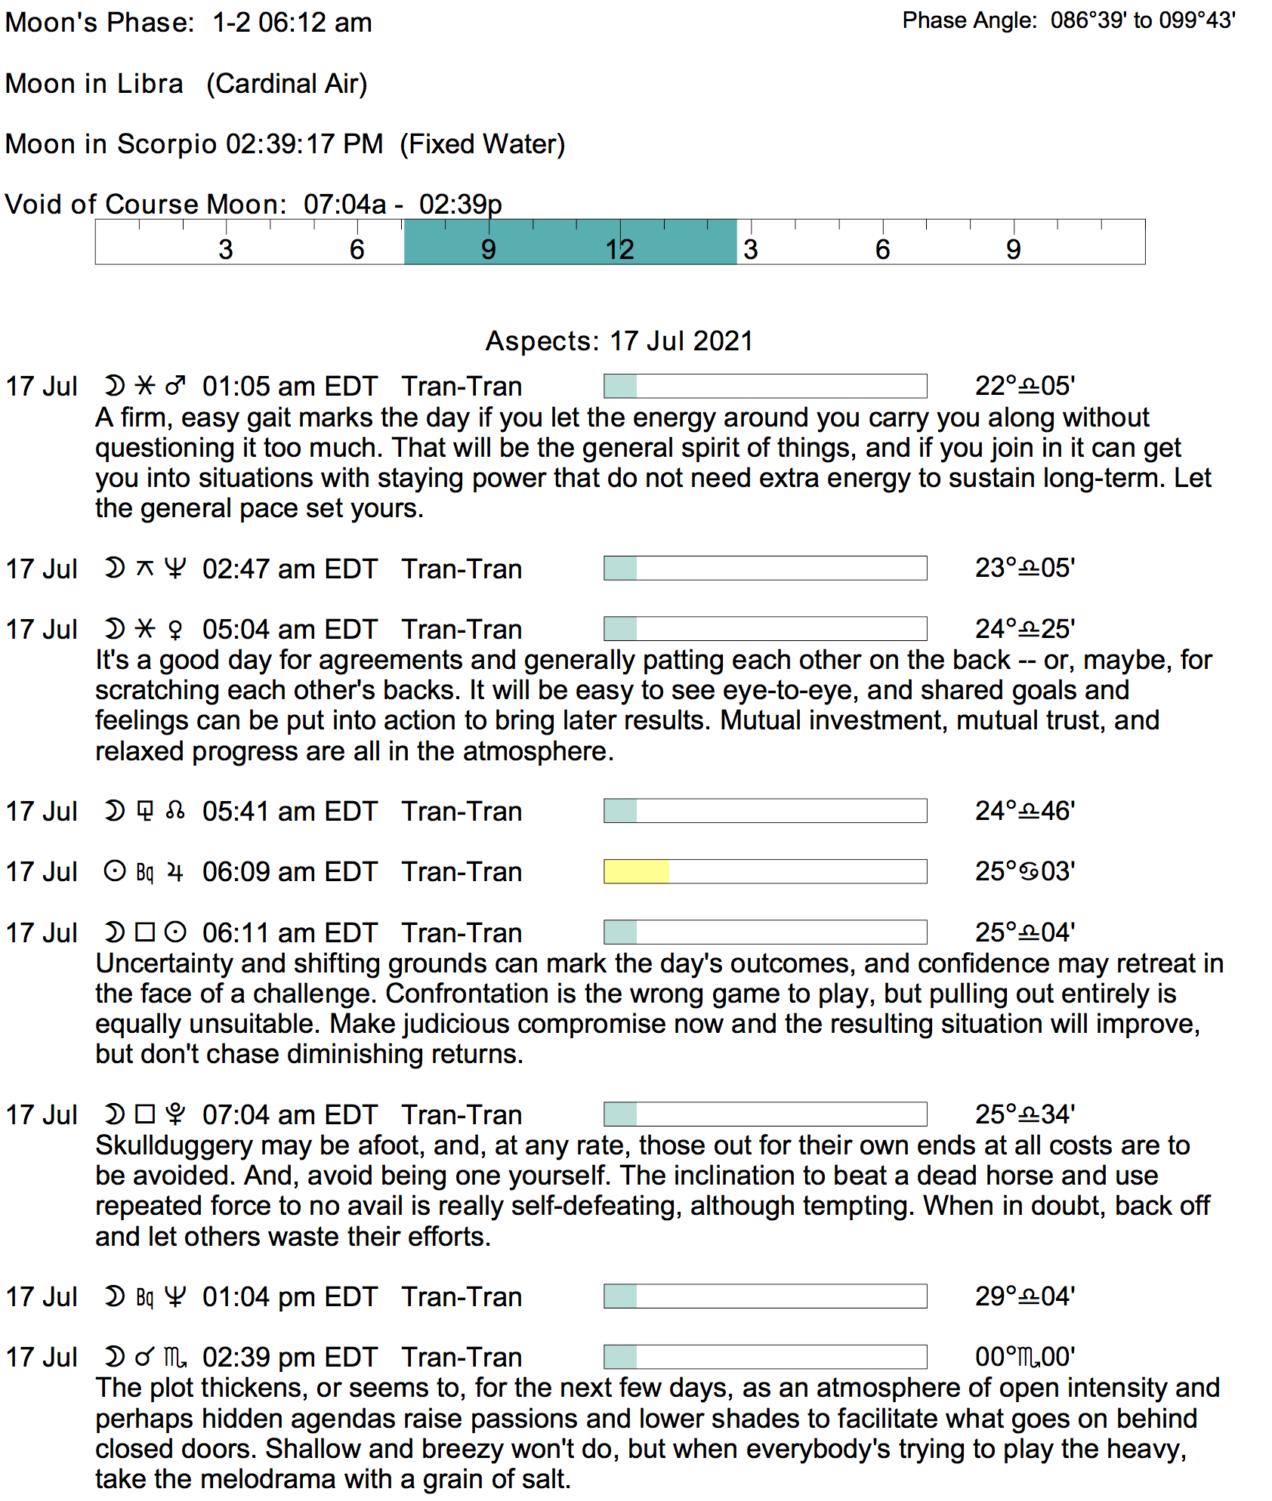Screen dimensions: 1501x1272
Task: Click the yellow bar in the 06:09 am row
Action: pos(636,871)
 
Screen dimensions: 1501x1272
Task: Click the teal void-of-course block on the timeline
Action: pos(570,242)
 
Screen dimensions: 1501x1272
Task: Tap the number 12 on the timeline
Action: pos(619,250)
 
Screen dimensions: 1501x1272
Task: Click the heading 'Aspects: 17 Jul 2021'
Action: pos(619,341)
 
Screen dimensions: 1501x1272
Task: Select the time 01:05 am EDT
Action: pos(289,387)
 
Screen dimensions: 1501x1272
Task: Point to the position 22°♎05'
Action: pos(1024,387)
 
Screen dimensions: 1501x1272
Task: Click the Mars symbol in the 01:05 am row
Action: pos(175,387)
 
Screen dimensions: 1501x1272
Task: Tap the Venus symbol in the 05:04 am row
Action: pos(175,630)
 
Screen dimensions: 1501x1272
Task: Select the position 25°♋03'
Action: pos(1024,871)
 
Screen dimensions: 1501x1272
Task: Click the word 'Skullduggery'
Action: pos(174,1145)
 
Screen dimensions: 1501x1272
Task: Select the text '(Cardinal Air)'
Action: pos(287,84)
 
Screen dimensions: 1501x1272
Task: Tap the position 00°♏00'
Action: pos(1024,1358)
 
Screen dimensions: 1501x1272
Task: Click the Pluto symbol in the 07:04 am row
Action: pos(175,1114)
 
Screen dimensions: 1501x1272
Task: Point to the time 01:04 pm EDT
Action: pos(289,1297)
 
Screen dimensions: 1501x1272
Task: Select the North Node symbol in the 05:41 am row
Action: pos(175,811)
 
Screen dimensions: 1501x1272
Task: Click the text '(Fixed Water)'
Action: pos(482,144)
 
